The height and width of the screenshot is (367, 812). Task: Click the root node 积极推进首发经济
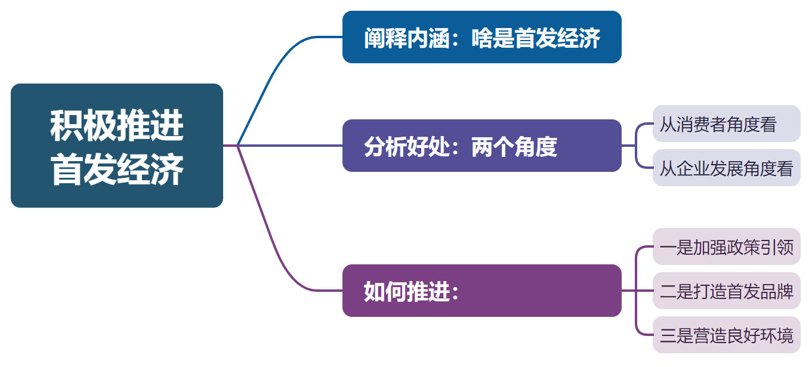(x=116, y=146)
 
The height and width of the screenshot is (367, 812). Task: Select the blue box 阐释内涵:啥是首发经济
(x=481, y=37)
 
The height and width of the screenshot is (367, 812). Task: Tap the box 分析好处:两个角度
(x=481, y=146)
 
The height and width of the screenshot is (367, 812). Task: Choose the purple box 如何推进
(x=481, y=291)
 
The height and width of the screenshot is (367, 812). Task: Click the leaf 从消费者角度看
(x=726, y=124)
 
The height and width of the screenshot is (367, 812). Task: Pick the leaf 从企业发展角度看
(x=726, y=168)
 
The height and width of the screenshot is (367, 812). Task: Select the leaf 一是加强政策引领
(x=726, y=246)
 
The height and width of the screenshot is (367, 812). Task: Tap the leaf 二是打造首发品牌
(x=726, y=291)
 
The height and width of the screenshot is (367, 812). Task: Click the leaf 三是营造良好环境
(x=726, y=335)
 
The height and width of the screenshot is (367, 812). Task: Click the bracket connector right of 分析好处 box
(x=637, y=146)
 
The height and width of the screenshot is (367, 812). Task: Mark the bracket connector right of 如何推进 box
(x=637, y=291)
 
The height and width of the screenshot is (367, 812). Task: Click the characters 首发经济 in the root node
(x=116, y=171)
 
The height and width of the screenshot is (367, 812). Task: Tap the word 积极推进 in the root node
(x=116, y=125)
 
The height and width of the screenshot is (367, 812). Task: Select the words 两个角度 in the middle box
(x=514, y=146)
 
